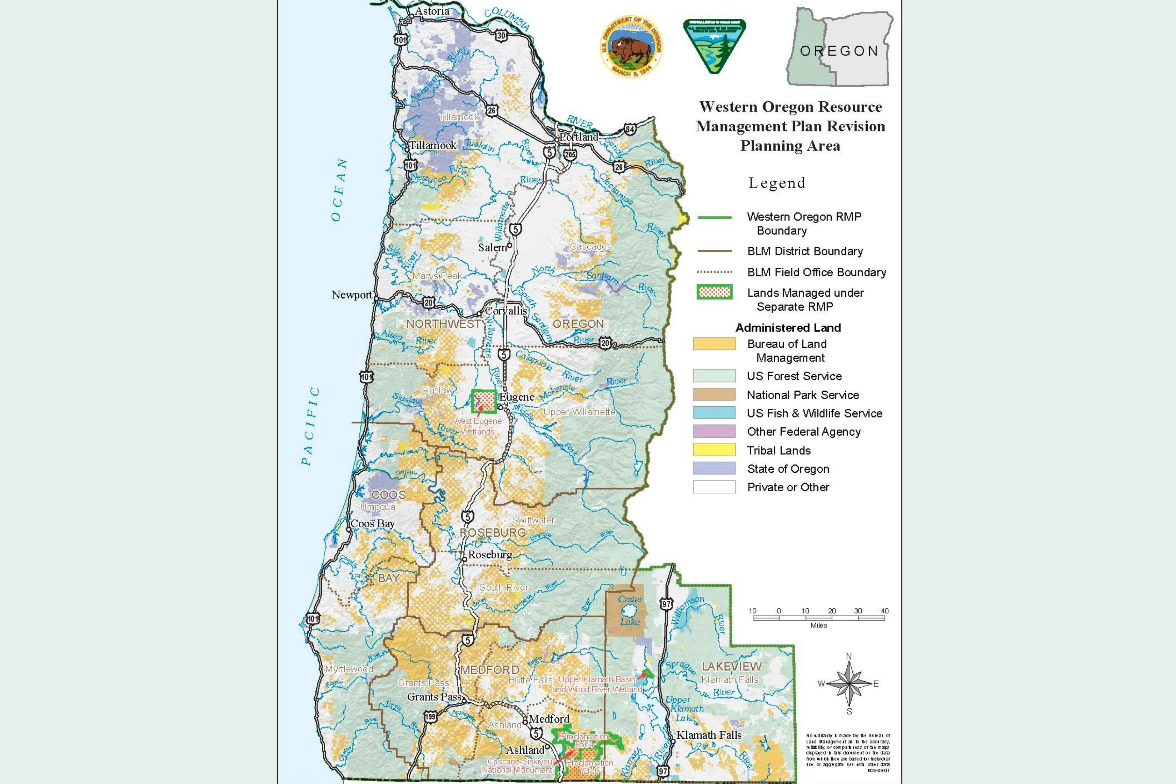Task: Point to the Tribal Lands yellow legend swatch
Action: tap(714, 450)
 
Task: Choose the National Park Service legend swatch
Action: tap(714, 394)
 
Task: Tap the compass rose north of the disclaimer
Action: tap(849, 683)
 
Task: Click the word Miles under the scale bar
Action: tap(818, 625)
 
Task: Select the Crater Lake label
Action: tap(630, 610)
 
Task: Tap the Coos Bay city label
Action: tap(373, 523)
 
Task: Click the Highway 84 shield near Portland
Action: tap(630, 130)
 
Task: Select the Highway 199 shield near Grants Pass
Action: tap(430, 717)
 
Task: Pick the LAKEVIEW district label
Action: tap(732, 667)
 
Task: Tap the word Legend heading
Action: tap(777, 183)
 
